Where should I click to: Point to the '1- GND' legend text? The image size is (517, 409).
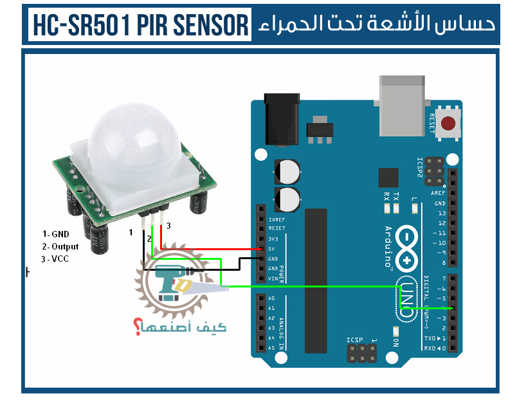[55, 234]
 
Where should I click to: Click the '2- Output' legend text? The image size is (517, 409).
[60, 246]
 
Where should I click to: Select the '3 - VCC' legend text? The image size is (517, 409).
[55, 259]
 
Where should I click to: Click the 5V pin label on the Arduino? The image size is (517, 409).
[273, 249]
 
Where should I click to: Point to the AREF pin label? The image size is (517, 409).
[438, 193]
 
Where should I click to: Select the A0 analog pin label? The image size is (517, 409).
[271, 298]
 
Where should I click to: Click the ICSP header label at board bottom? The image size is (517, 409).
[354, 340]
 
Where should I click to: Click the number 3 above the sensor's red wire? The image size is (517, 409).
[168, 226]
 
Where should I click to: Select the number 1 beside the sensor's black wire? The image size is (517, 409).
[131, 232]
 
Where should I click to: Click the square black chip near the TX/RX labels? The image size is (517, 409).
[388, 178]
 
